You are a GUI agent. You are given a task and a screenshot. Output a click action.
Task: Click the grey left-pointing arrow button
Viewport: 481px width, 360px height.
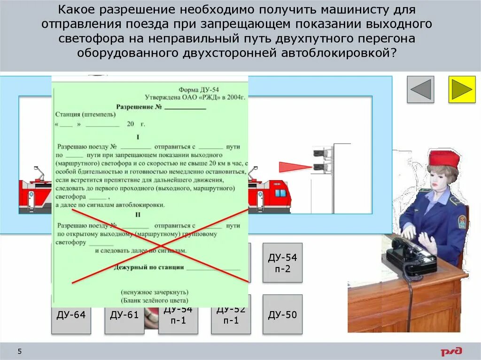pos(420,89)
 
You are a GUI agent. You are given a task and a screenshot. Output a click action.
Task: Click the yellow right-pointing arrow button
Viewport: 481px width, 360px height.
pos(462,89)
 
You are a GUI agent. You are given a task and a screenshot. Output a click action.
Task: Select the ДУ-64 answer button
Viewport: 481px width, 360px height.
pos(71,315)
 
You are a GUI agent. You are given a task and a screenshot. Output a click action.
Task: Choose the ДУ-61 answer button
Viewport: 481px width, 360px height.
pos(124,315)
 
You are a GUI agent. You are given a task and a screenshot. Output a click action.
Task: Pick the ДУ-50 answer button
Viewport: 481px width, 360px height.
pos(282,315)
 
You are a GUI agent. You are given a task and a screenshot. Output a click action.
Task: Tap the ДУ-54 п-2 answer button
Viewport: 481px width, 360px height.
pos(282,263)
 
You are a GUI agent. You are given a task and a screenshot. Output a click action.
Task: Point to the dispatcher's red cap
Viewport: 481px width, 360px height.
pos(444,158)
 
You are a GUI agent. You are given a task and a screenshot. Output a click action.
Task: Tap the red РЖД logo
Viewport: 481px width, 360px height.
pos(451,351)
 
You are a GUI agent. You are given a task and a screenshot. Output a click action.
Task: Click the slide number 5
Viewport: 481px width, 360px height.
pos(20,352)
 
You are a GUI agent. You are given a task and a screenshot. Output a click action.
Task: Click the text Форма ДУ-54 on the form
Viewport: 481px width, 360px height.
pos(199,89)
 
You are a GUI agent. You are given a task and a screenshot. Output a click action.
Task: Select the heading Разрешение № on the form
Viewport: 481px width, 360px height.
pos(139,107)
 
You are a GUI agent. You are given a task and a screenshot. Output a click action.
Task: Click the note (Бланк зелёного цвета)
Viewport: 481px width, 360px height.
pos(155,300)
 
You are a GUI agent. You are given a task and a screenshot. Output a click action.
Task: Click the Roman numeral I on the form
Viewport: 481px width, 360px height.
pos(138,138)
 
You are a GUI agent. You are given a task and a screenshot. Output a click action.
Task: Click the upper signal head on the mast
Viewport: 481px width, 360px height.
pos(319,152)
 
